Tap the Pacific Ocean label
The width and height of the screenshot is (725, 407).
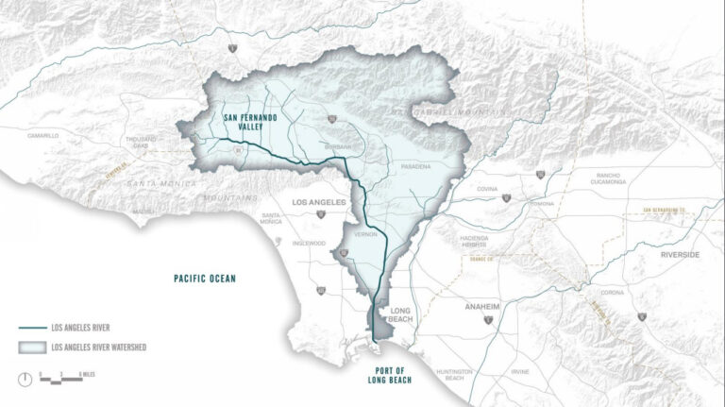(204, 279)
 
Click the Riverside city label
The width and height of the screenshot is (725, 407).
(681, 255)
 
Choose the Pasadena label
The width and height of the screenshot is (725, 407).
(415, 166)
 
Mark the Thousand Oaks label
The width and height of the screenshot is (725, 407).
(140, 144)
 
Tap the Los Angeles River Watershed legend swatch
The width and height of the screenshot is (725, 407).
(32, 348)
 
